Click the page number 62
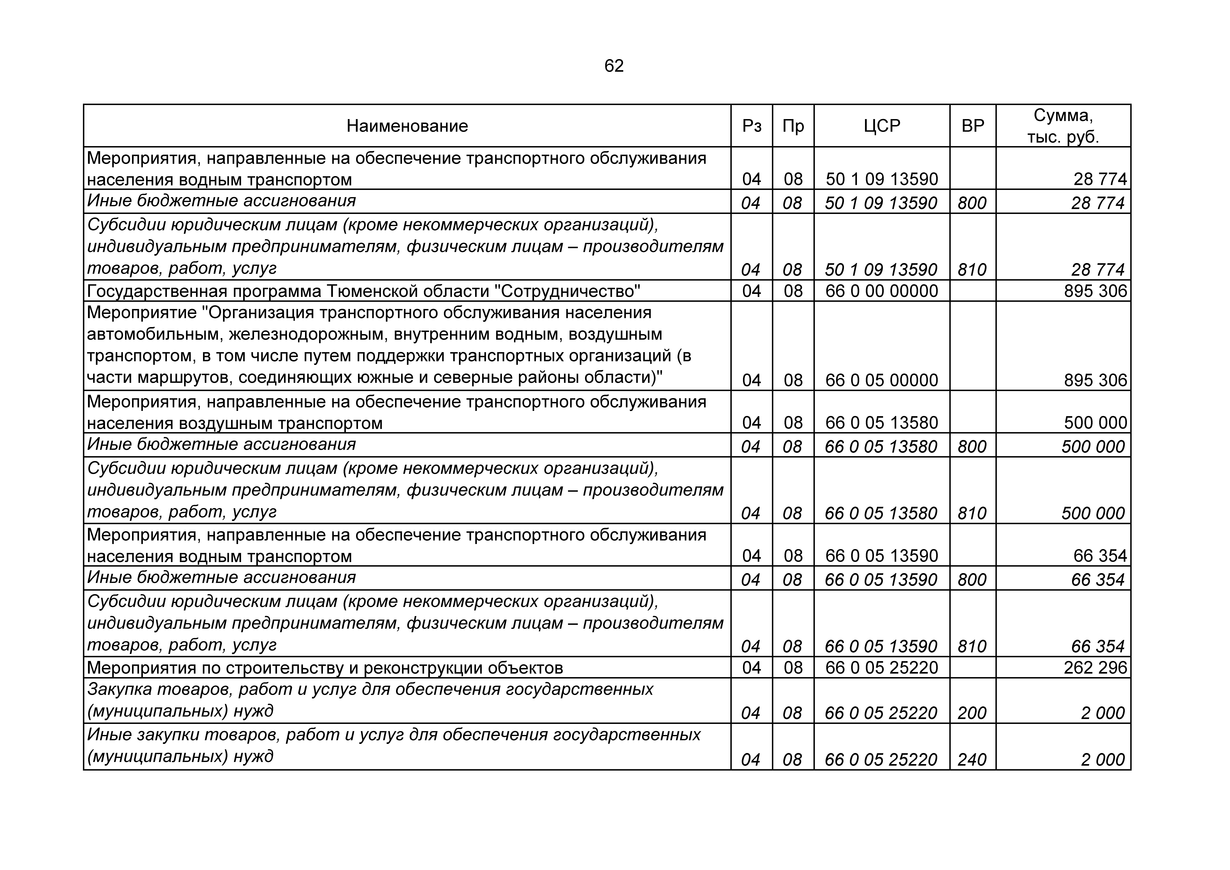(614, 66)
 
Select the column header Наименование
(407, 126)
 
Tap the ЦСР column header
(882, 126)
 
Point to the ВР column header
(973, 126)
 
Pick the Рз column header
(752, 126)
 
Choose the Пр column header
(793, 126)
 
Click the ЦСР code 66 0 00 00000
(882, 291)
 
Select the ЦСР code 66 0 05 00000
(882, 380)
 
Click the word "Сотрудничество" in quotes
(566, 291)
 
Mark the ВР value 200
(972, 713)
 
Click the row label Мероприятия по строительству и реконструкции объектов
(325, 668)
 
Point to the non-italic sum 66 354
(1100, 556)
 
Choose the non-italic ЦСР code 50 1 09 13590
(882, 179)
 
